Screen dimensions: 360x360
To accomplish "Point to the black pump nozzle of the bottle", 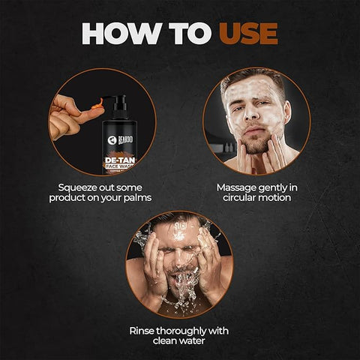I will click(x=113, y=100).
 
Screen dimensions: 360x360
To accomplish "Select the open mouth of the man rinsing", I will click(x=178, y=283).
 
